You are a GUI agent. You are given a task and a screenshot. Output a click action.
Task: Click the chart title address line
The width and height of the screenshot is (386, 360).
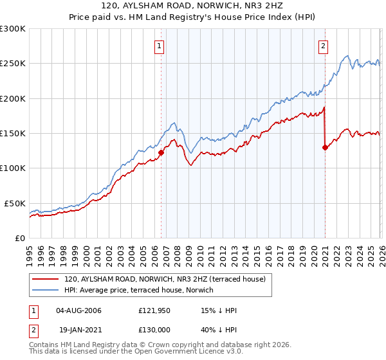193,6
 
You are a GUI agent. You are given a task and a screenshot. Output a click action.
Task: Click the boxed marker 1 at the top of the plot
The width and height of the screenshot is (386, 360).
158,46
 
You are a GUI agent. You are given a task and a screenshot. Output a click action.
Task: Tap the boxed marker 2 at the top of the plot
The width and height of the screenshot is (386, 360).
323,46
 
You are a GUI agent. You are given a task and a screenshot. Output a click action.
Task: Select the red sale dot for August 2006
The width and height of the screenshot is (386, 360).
161,153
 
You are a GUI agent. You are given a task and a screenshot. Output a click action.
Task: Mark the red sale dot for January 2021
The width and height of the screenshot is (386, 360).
325,147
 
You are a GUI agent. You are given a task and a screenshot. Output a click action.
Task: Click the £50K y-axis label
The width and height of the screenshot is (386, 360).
15,203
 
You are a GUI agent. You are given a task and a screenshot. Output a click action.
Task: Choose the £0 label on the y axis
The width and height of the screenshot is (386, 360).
20,238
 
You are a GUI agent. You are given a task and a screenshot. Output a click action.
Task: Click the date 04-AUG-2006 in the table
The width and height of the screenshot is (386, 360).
78,310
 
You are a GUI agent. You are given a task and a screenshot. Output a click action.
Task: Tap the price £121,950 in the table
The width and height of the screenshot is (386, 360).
154,310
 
